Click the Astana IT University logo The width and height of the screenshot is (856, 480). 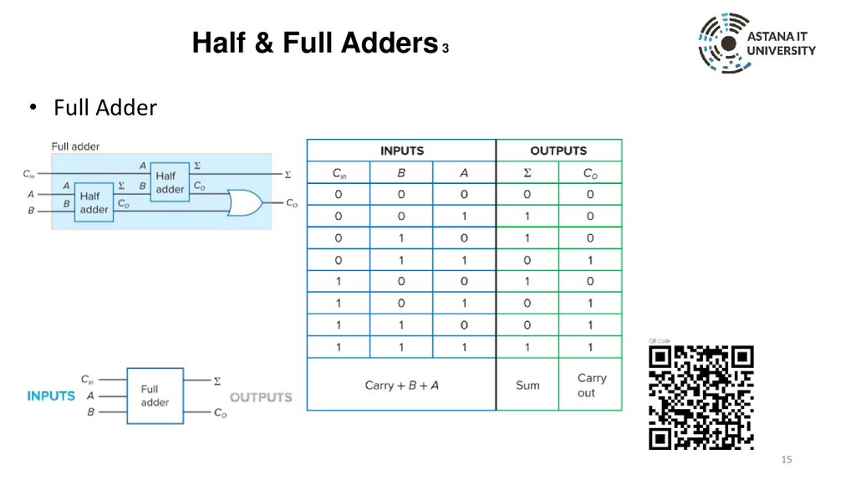pos(757,43)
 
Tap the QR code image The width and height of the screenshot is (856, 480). pos(702,397)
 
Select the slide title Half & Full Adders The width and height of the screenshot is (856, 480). pos(315,43)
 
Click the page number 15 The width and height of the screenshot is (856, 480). pos(786,460)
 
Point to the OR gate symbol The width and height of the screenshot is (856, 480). pos(245,202)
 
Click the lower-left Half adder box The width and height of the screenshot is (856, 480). pos(94,202)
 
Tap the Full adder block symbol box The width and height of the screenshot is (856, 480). pos(155,396)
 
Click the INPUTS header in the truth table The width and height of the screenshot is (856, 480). pos(401,151)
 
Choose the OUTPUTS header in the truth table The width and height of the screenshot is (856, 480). pos(558,151)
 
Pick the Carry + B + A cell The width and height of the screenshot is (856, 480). pos(401,385)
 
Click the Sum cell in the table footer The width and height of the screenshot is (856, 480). pos(527,385)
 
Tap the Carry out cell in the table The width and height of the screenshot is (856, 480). pos(591,385)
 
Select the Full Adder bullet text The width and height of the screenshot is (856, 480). pos(105,108)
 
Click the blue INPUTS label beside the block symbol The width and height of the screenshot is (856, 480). pos(51,396)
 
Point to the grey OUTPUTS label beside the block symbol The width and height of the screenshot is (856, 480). pos(261,396)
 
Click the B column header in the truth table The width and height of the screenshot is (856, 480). pos(401,173)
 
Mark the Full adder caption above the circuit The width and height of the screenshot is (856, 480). pos(75,146)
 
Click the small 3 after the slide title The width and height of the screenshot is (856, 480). pos(446,49)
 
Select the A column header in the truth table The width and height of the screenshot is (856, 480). pos(464,173)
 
